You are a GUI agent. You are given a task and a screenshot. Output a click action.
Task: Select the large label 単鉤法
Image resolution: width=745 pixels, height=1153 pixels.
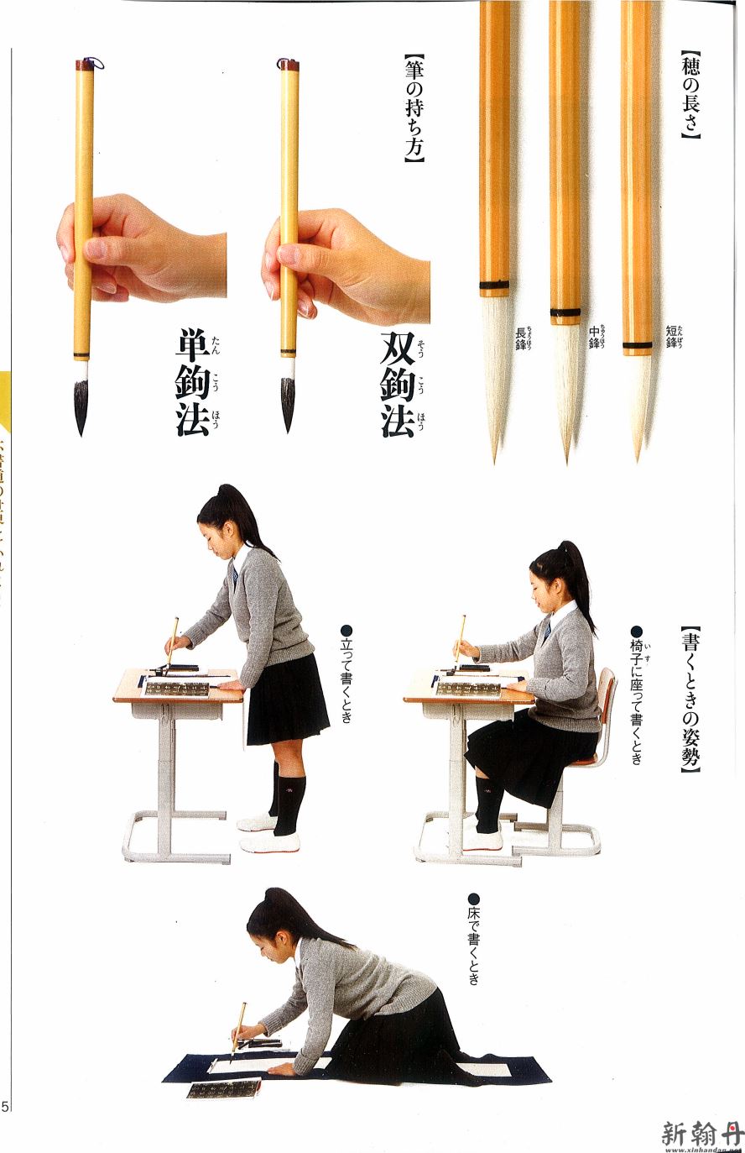pos(193,383)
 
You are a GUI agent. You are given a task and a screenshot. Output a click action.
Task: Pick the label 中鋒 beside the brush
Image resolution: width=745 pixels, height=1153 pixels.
pos(594,338)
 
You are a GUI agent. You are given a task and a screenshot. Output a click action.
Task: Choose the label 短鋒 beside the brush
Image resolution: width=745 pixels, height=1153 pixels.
pos(672,337)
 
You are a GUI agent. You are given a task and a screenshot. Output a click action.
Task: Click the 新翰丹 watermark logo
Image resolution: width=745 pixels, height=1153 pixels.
pos(701,1134)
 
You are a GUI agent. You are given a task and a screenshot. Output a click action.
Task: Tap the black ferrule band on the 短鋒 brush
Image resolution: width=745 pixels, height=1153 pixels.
pos(638,345)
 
